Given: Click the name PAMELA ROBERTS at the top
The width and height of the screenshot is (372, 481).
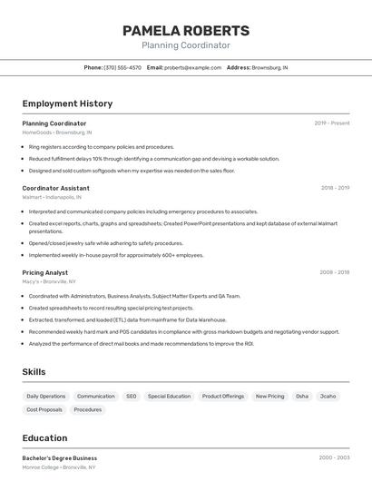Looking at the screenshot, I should click(186, 30).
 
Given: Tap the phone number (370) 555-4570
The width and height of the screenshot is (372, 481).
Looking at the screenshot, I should click(122, 67).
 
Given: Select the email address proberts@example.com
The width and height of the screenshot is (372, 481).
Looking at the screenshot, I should click(192, 67).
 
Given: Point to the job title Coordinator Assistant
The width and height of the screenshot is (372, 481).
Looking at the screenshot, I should click(55, 188).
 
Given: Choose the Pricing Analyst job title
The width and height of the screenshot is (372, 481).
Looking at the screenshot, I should click(45, 272).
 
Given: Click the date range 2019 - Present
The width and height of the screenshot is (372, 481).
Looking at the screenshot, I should click(332, 123).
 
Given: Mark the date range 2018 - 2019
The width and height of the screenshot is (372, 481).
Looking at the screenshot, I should click(335, 188).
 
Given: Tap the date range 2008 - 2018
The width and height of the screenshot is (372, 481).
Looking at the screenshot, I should click(335, 272).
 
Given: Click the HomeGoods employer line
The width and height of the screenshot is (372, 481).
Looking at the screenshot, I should click(57, 133).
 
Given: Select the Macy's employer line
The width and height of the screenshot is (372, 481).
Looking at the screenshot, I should click(49, 281).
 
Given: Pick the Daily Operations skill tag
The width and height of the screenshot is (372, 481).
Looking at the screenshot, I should click(46, 397).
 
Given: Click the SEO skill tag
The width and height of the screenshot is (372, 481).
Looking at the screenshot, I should click(132, 397).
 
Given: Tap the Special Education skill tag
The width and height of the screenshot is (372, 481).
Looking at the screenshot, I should click(170, 397).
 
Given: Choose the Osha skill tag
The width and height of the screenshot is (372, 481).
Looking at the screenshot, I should click(302, 397).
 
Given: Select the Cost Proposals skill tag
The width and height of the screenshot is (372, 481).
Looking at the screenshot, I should click(44, 409).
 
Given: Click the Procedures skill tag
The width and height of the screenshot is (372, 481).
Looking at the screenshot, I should click(88, 409).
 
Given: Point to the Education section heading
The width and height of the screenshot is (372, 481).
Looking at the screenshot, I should click(44, 437).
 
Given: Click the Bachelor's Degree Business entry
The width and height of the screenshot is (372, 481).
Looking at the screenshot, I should click(60, 458).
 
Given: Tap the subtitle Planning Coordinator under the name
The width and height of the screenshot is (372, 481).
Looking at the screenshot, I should click(186, 45).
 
